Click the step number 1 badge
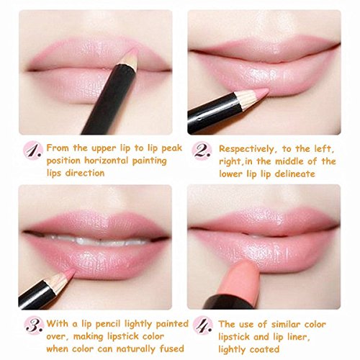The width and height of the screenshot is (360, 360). tap(33, 150)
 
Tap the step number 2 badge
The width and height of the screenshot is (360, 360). tap(202, 151)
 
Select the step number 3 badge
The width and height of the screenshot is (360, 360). tap(35, 325)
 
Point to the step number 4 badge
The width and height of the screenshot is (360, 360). tap(203, 325)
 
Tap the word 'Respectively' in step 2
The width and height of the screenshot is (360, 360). tap(247, 149)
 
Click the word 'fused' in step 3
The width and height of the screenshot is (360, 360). tap(171, 348)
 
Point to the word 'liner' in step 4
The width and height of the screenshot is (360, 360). tap(298, 337)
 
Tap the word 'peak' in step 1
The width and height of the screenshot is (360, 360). tap(172, 148)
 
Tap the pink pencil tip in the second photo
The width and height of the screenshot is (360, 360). tap(262, 92)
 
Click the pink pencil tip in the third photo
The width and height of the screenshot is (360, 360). tap(70, 272)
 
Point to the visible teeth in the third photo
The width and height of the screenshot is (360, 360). tap(96, 240)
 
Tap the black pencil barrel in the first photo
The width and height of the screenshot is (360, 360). tap(107, 99)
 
